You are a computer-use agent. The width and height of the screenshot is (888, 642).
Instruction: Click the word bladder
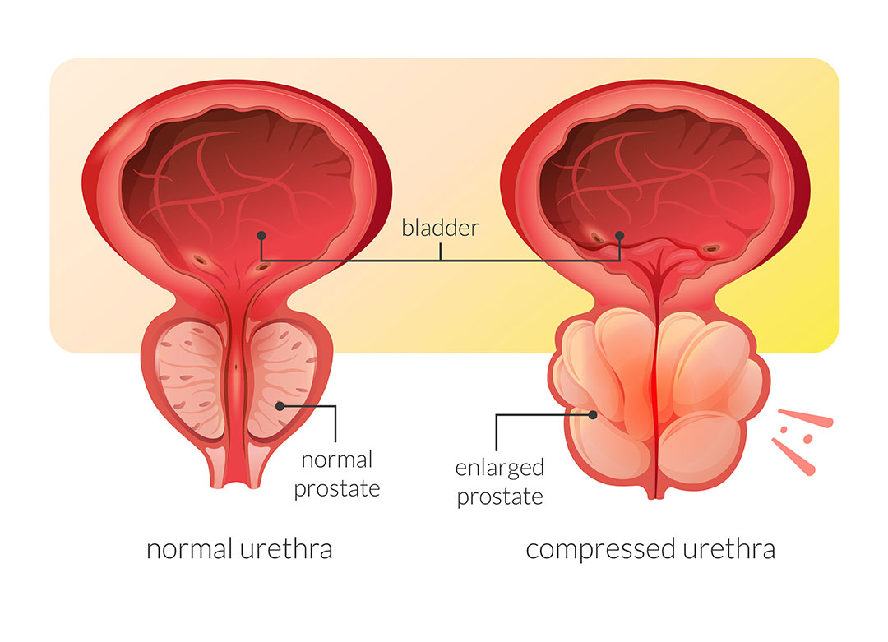tap(439, 228)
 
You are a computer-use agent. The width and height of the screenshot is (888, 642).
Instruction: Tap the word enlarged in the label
tap(500, 468)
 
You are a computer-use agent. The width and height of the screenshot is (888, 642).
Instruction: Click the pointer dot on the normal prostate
tap(280, 405)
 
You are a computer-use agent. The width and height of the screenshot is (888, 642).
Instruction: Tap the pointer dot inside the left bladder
tap(261, 235)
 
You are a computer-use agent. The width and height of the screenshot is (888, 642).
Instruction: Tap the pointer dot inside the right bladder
tap(620, 235)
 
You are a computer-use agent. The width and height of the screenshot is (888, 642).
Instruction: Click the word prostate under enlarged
tap(500, 497)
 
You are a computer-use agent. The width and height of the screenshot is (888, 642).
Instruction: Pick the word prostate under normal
tap(337, 488)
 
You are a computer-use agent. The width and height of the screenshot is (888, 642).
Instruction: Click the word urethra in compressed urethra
tap(730, 548)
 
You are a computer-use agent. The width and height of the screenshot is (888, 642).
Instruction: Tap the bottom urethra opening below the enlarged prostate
tap(654, 494)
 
